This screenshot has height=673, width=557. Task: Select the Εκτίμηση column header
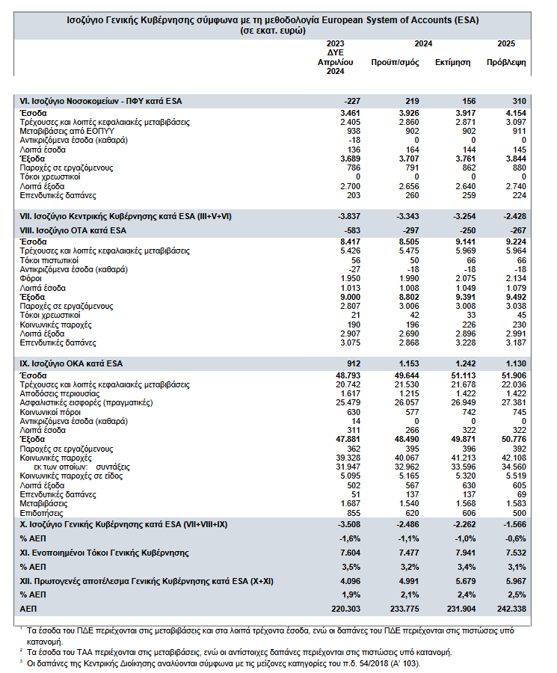pyautogui.click(x=452, y=62)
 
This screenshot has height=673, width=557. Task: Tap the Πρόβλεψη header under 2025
pyautogui.click(x=506, y=62)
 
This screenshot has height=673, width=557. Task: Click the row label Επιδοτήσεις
pyautogui.click(x=40, y=514)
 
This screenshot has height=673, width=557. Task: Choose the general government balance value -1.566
pyautogui.click(x=513, y=525)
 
